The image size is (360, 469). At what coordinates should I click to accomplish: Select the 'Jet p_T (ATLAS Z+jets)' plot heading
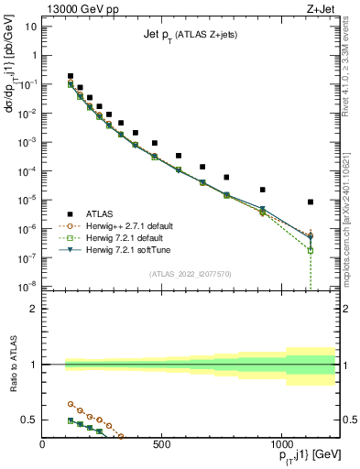[191, 34]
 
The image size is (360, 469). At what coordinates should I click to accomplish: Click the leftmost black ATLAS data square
[71, 76]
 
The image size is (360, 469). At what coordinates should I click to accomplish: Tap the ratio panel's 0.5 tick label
[28, 420]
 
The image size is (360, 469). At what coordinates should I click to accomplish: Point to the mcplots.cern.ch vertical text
[352, 224]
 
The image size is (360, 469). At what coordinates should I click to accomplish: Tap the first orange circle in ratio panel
[71, 403]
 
